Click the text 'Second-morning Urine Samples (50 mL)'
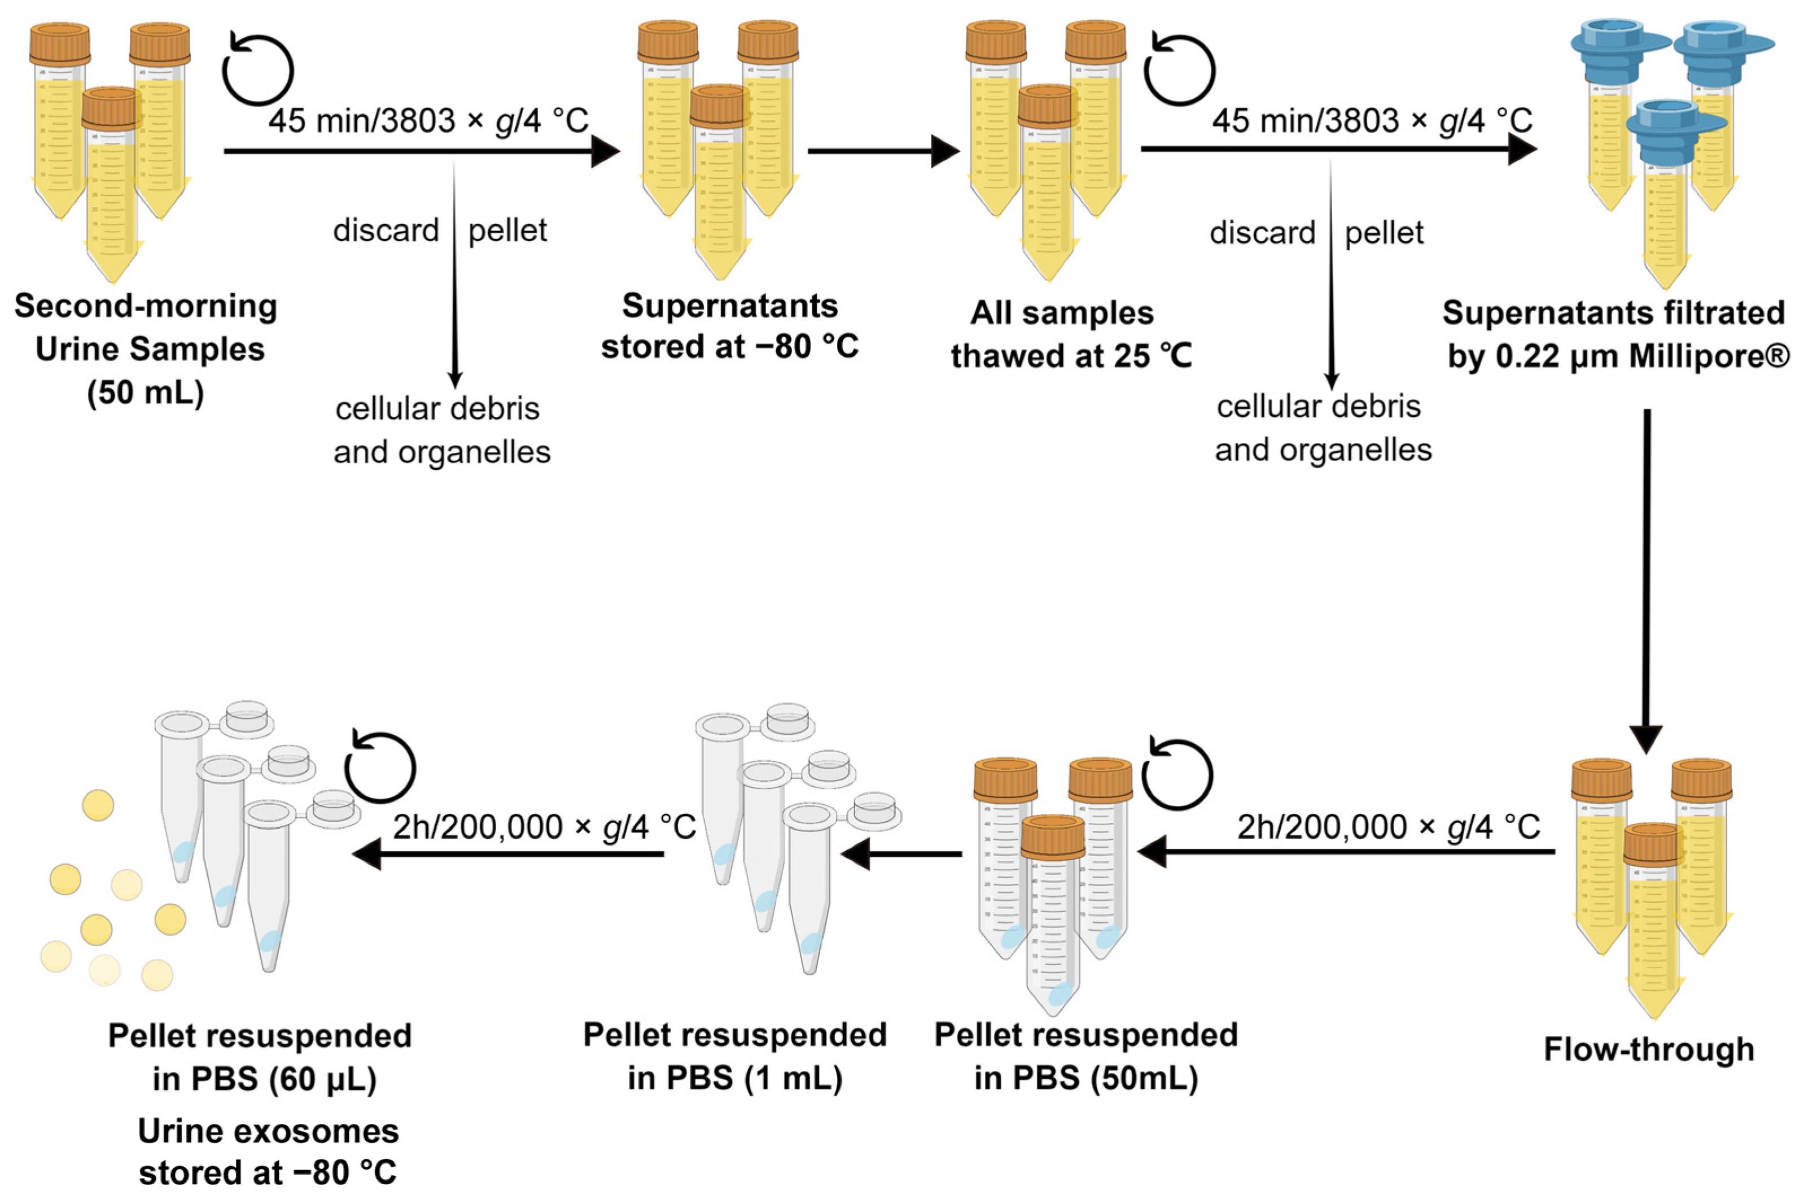[x=146, y=349]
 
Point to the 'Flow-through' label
[x=1648, y=1049]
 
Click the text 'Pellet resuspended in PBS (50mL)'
[x=1085, y=1057]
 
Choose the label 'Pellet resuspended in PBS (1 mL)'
[x=734, y=1057]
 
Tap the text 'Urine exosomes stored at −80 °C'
[x=268, y=1152]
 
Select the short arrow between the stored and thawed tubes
[x=882, y=151]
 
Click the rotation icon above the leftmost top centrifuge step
[x=259, y=71]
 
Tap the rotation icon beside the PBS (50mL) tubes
[x=1177, y=775]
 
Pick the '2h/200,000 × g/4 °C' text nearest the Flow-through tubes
[x=1388, y=827]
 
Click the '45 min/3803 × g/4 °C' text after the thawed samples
[x=1372, y=120]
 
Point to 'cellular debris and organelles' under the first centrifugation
[x=441, y=430]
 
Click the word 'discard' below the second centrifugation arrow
[x=1262, y=233]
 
